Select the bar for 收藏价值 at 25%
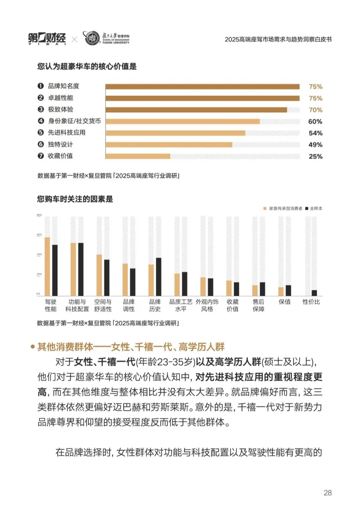click(138, 156)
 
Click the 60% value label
click(315, 121)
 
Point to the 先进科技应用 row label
click(66, 133)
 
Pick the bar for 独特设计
click(169, 145)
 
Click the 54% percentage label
click(315, 133)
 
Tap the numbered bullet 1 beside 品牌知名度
click(40, 86)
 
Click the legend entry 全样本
click(316, 208)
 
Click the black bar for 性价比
click(314, 293)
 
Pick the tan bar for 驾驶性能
click(47, 266)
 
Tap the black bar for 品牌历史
click(158, 276)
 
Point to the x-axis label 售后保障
click(258, 305)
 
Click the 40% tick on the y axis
click(39, 254)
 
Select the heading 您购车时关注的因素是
click(75, 199)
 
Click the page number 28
click(327, 493)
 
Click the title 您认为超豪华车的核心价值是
click(87, 67)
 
